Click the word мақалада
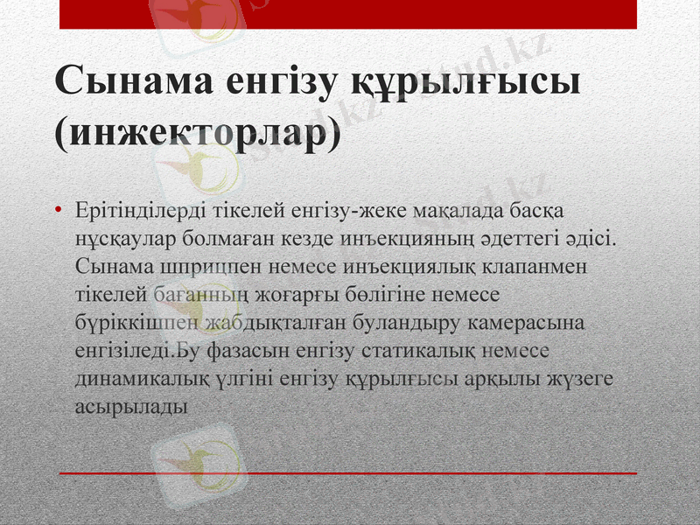[414, 212]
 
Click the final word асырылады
[130, 406]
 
